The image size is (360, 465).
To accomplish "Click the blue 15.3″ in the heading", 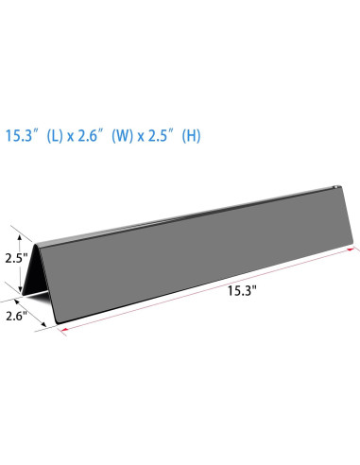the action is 20,136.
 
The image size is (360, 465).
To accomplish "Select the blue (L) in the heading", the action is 55,136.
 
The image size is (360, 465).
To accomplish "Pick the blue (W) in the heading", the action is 123,136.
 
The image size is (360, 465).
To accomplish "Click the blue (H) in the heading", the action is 192,136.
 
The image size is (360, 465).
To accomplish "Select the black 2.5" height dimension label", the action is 17,258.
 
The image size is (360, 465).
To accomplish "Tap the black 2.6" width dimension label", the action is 17,316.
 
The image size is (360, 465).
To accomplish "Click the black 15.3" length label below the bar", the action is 242,290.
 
